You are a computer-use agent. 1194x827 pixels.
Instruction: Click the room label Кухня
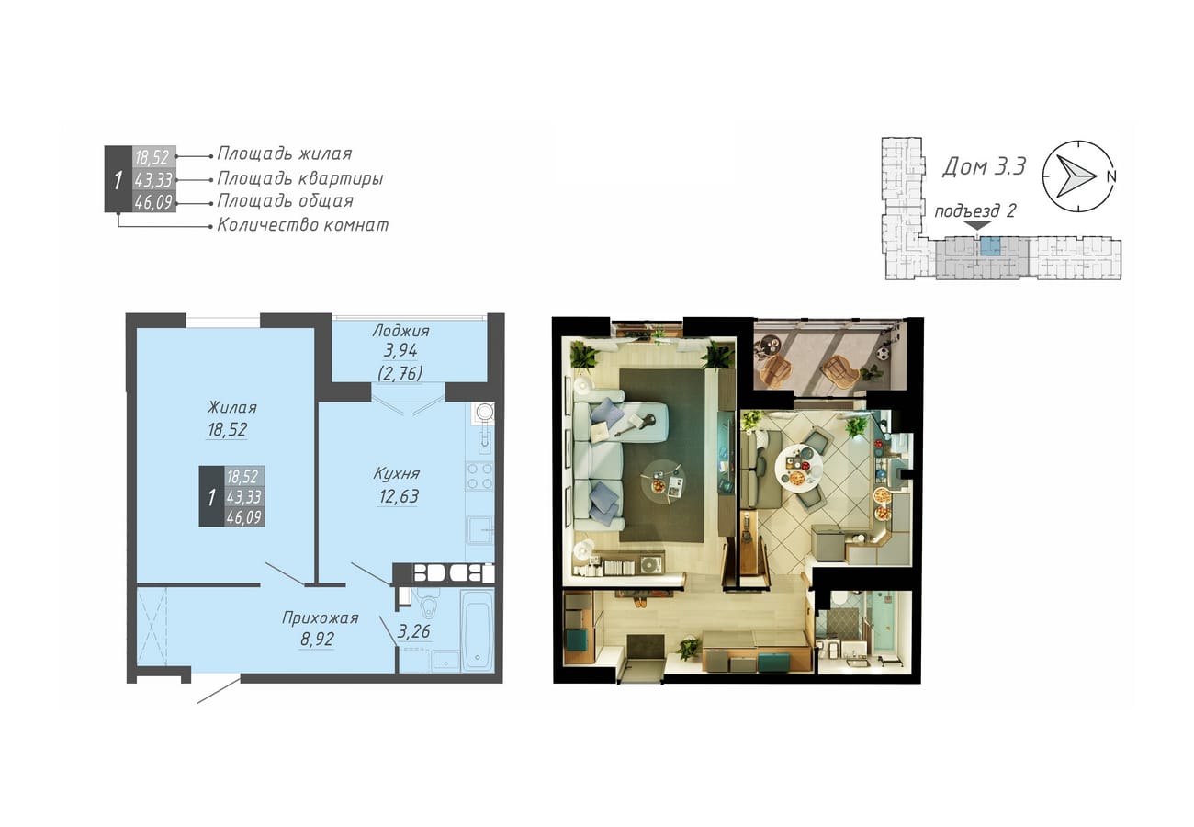click(x=397, y=473)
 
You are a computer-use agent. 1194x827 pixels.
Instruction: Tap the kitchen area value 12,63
click(x=399, y=496)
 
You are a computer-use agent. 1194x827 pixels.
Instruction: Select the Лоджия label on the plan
click(x=400, y=331)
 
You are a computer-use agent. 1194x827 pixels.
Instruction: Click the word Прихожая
click(x=320, y=618)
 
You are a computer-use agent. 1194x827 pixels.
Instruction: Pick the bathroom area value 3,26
click(x=413, y=631)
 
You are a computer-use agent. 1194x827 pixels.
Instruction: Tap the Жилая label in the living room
click(x=231, y=408)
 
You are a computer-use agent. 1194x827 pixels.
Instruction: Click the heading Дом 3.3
click(x=984, y=166)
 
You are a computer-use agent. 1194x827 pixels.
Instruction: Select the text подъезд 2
click(x=974, y=210)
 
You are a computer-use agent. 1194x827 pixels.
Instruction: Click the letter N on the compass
click(x=1111, y=176)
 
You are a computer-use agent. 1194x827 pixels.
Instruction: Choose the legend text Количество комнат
click(x=303, y=225)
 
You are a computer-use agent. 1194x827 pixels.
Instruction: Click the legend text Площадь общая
click(x=285, y=201)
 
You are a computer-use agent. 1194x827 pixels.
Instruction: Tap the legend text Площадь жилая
click(x=285, y=153)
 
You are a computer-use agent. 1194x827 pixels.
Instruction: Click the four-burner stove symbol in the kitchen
click(x=479, y=476)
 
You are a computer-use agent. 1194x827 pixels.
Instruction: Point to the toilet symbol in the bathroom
click(x=428, y=606)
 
